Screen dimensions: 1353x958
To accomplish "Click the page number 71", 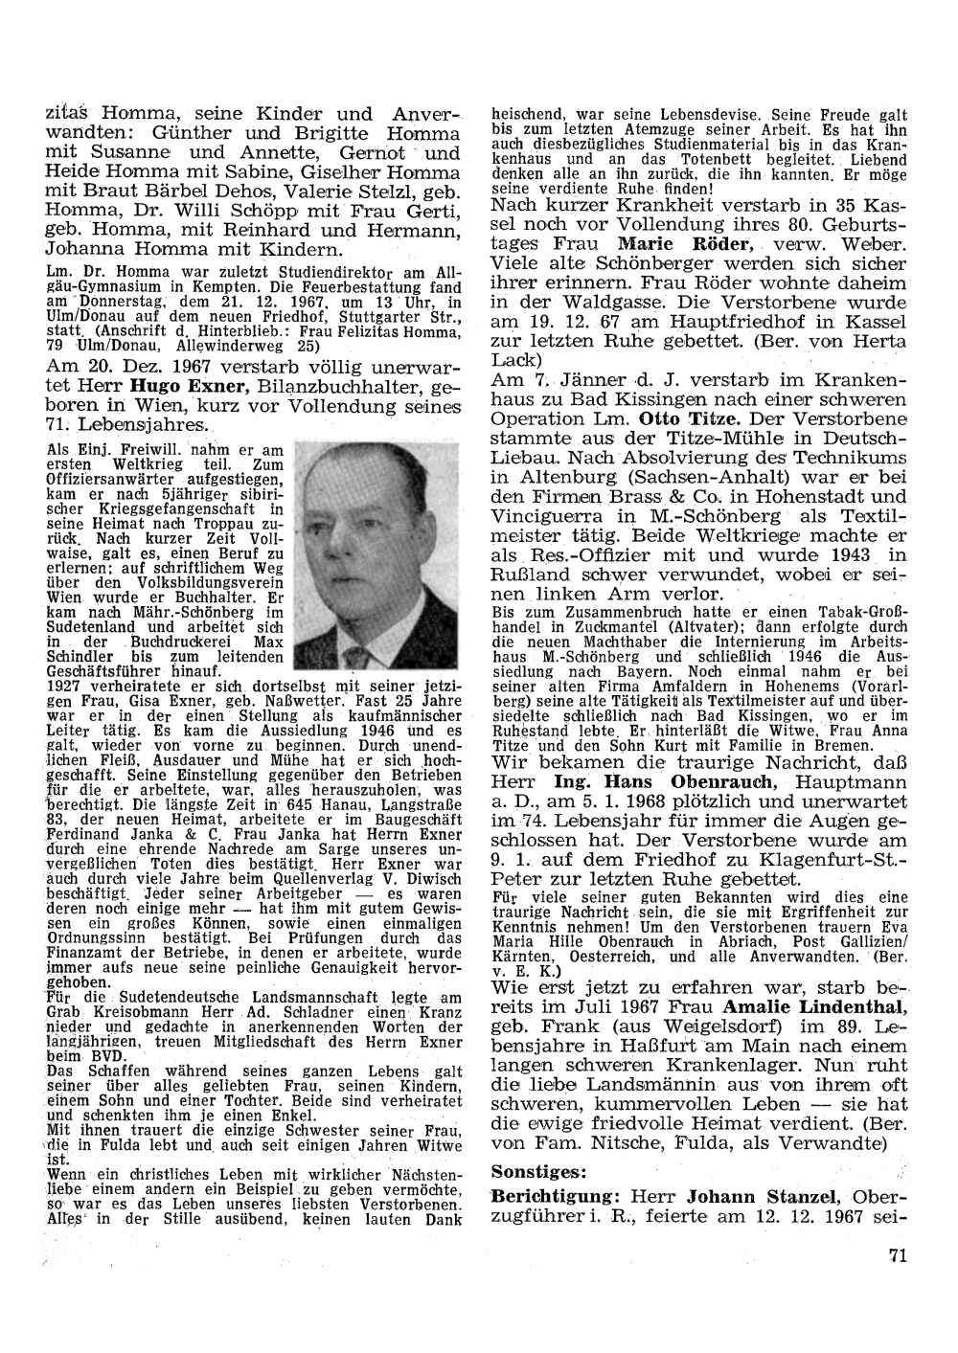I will coord(897,1256).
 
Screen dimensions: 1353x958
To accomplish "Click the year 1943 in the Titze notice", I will coord(850,554).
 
